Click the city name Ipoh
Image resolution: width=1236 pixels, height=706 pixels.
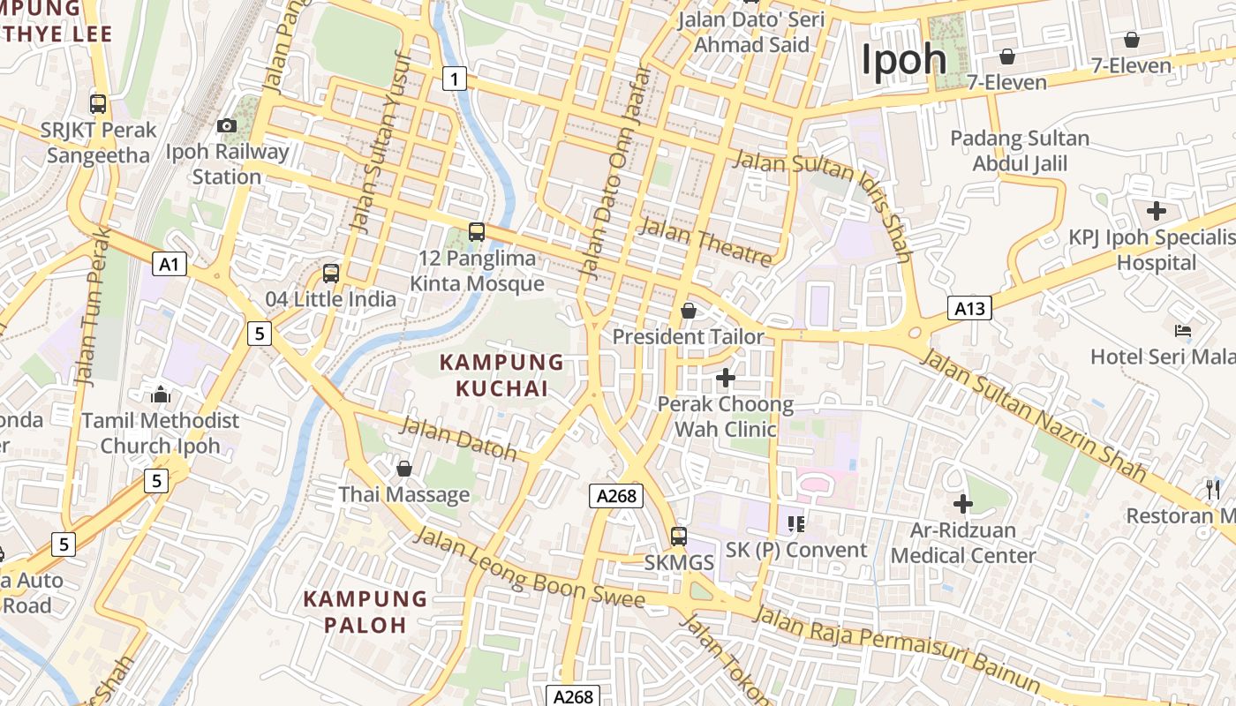coord(903,60)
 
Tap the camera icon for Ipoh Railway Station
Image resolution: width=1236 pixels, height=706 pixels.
coord(227,125)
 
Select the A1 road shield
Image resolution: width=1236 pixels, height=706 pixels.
coord(170,264)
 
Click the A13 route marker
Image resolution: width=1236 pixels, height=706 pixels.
coord(969,308)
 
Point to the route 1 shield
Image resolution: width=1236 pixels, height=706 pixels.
coord(454,79)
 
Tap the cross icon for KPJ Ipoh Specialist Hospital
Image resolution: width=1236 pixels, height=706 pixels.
coord(1156,211)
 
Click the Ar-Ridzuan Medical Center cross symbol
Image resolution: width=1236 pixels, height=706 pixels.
coord(963,504)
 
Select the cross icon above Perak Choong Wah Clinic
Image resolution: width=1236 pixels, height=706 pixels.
coord(725,378)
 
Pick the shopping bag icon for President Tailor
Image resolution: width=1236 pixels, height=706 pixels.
coord(689,311)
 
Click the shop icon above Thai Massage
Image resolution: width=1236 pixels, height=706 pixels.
coord(404,468)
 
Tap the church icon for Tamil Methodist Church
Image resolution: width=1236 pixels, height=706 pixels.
coord(161,394)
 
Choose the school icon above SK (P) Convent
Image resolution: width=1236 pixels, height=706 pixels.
coord(796,524)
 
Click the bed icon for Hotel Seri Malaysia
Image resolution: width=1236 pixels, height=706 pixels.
coord(1183,331)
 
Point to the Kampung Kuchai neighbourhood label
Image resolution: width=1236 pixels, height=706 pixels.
coord(501,374)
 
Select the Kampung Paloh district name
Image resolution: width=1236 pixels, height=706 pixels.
coord(365,612)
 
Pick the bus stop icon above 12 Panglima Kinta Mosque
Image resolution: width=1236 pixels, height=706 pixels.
coord(477,232)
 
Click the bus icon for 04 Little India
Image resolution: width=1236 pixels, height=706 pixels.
coord(331,274)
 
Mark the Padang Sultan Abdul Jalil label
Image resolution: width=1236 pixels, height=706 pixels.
coord(1020,151)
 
